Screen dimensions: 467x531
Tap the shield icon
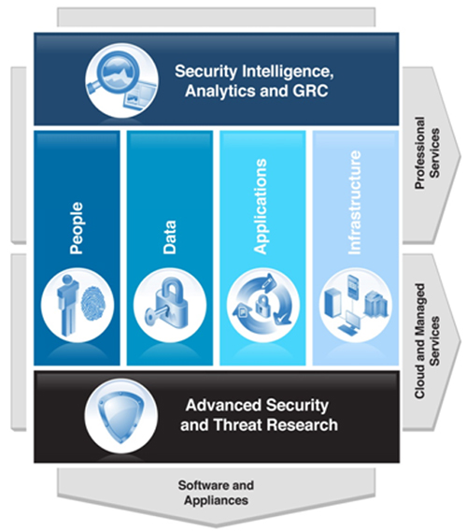(x=120, y=415)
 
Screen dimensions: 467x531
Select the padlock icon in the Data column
(x=170, y=306)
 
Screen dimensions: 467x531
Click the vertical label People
(x=77, y=228)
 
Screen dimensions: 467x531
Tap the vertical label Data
(x=169, y=237)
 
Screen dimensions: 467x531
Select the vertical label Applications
(x=261, y=207)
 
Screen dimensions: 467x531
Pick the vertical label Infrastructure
(x=354, y=203)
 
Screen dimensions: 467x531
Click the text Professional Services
(x=427, y=152)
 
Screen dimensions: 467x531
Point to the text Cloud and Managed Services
(x=427, y=341)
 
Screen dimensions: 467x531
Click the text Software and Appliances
(x=216, y=493)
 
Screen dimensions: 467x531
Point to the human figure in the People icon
(x=67, y=305)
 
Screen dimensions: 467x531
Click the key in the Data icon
(x=156, y=312)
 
